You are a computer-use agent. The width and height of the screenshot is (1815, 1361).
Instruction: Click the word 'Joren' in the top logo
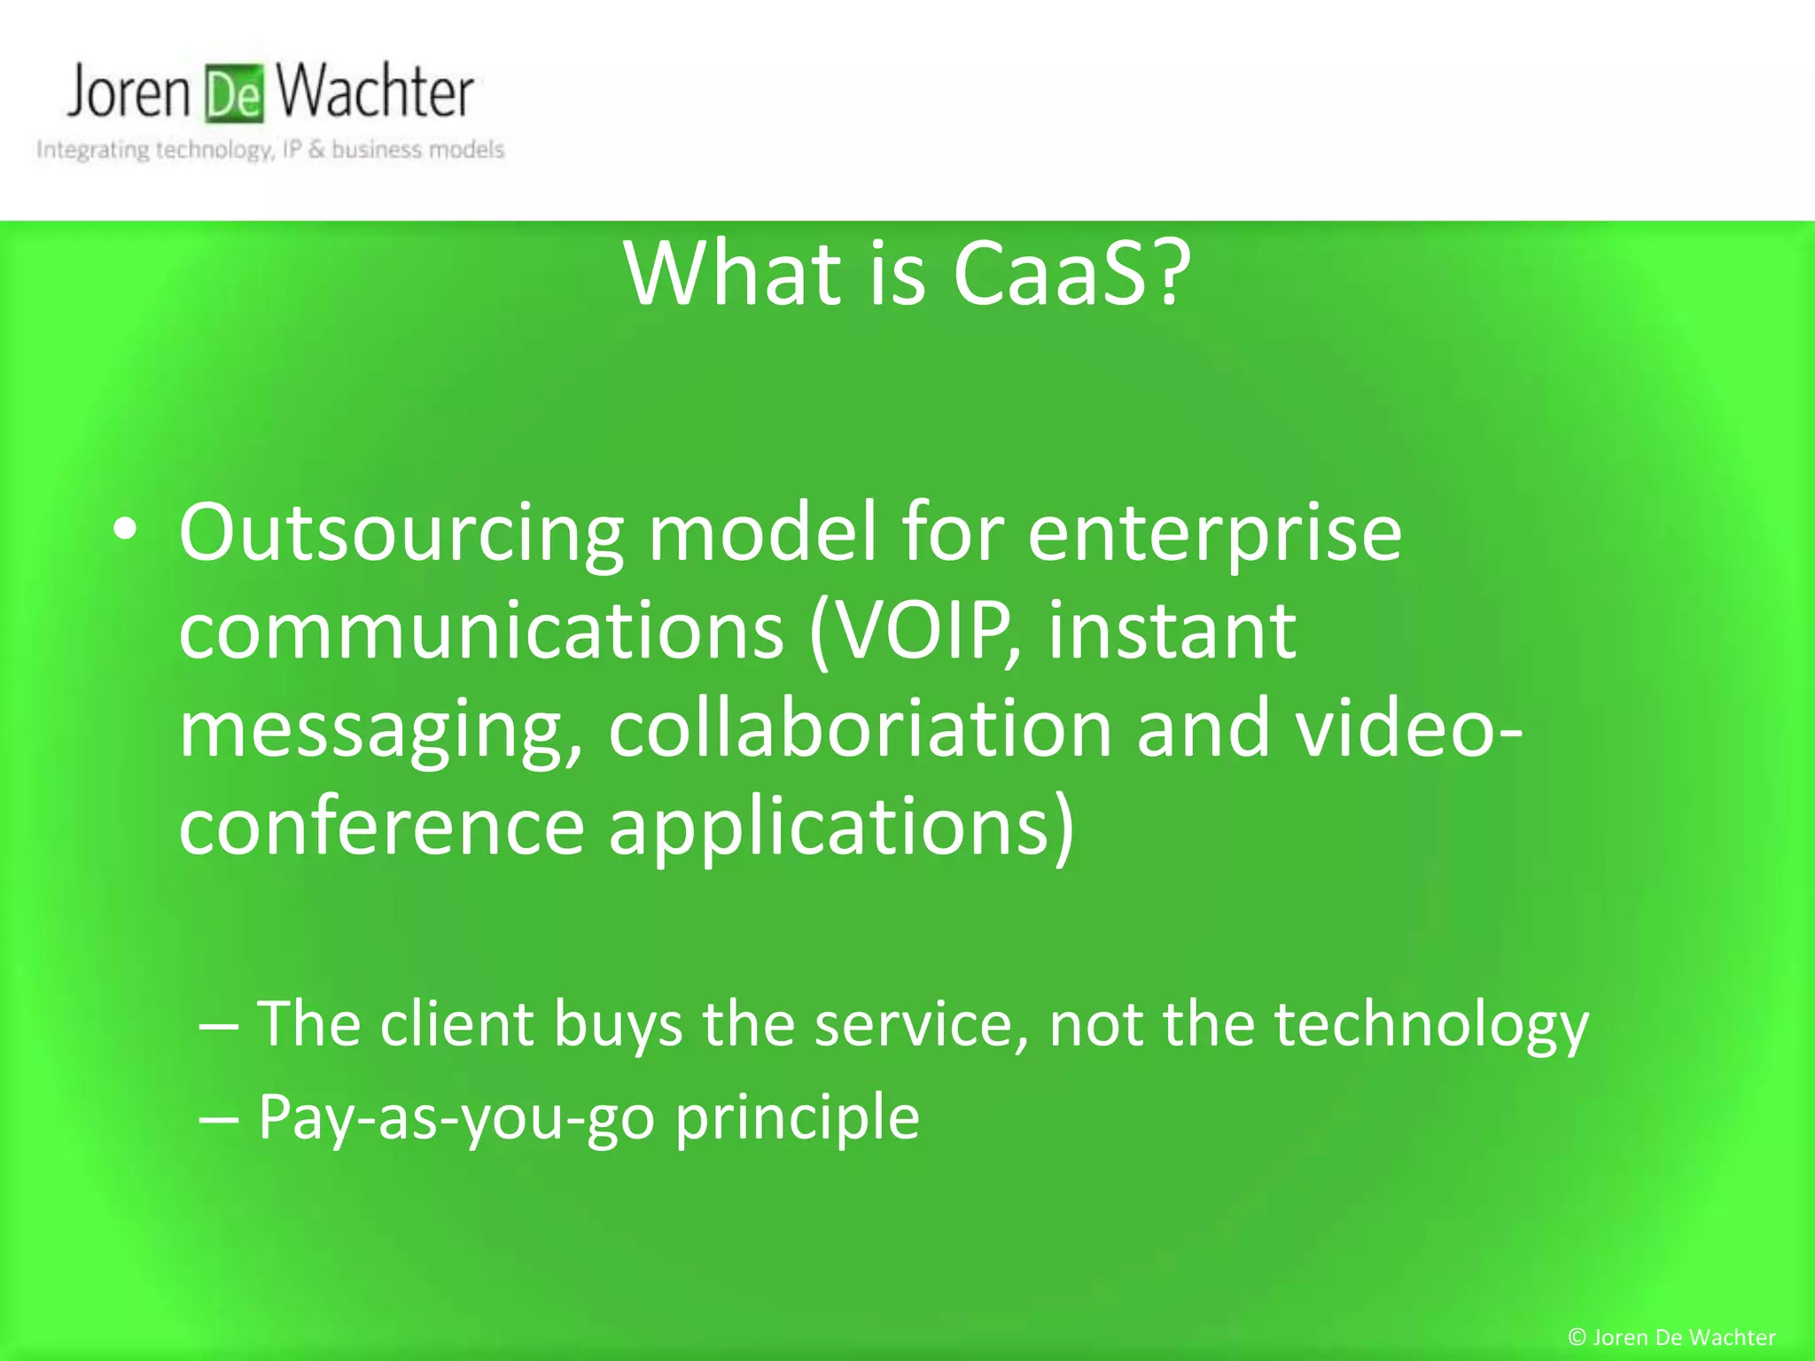pos(129,91)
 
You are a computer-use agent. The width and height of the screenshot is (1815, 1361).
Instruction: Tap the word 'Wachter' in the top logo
pos(375,91)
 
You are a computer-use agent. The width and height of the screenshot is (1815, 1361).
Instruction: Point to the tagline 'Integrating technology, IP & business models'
pos(270,150)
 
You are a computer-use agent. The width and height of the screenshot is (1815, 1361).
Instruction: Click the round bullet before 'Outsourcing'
pos(125,531)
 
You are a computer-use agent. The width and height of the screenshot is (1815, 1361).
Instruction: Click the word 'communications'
pos(481,631)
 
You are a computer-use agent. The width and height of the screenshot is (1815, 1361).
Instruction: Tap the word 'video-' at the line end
pos(1409,728)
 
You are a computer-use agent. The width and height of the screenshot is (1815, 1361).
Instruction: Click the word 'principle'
pos(797,1118)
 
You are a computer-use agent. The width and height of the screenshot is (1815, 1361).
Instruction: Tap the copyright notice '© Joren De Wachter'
pos(1671,1337)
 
